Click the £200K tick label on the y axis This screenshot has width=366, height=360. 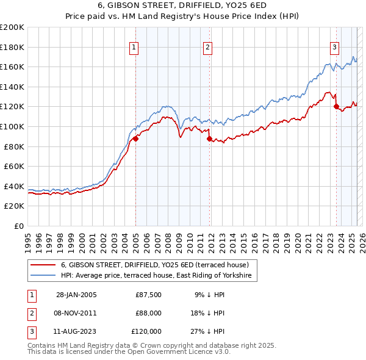click(x=12, y=27)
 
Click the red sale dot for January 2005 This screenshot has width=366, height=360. click(x=136, y=139)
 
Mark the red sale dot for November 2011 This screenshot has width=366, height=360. click(x=209, y=139)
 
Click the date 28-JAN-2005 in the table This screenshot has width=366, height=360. click(x=76, y=295)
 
